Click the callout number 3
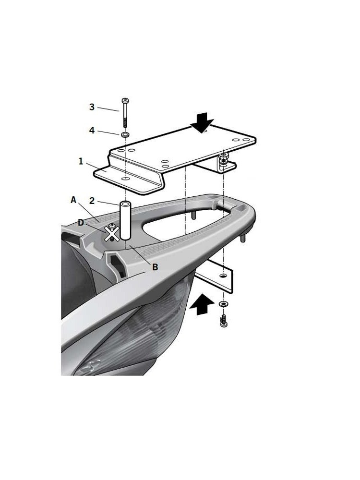pos(92,107)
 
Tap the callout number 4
pos(92,131)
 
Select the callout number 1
pos(81,161)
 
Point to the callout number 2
pos(92,201)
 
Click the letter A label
pos(73,200)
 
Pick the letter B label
pos(155,267)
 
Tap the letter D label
pos(81,223)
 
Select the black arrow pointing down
pos(201,123)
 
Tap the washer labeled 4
pos(125,134)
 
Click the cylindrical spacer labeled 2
pos(125,220)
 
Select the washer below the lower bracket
pos(224,304)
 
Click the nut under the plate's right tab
pos(224,160)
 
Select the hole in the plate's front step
pos(125,179)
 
